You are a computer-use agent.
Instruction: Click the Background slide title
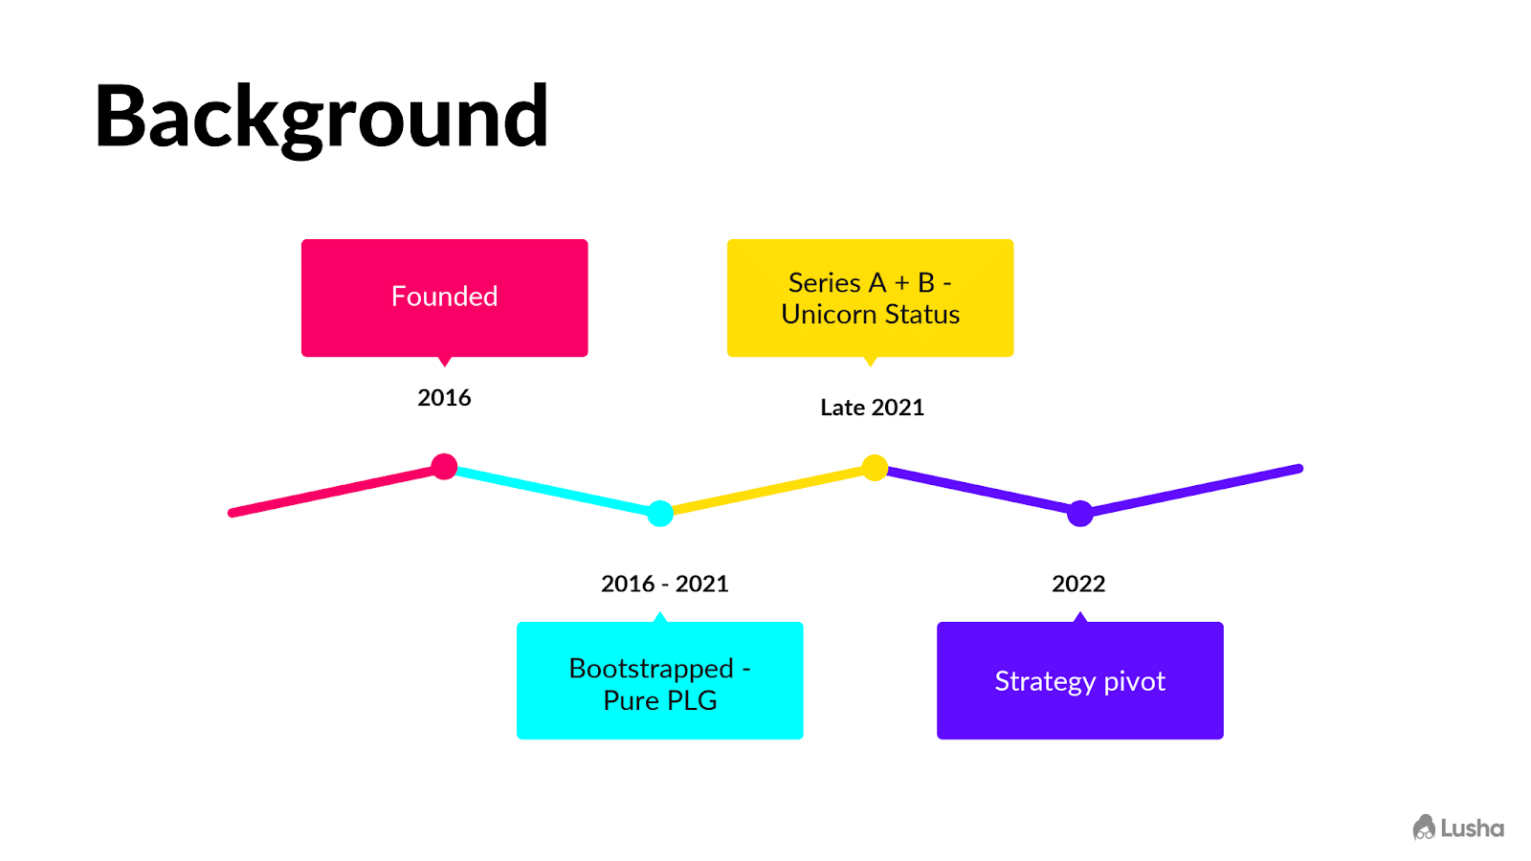coord(322,118)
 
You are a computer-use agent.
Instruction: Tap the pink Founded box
coord(444,298)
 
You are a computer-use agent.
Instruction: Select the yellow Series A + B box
coord(870,298)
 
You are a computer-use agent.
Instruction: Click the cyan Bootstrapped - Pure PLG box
coord(659,680)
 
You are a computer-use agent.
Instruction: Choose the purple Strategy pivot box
coord(1080,680)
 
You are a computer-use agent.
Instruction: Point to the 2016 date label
coord(444,398)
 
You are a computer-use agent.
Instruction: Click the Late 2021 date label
coord(872,408)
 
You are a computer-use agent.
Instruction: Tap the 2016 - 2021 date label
coord(664,584)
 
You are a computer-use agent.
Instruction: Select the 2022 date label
coord(1078,584)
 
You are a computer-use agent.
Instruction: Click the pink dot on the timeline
coord(444,467)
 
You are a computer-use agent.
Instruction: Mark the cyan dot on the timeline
coord(660,513)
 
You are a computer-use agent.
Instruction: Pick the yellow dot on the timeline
coord(875,468)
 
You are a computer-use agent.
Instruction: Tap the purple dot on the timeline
coord(1080,513)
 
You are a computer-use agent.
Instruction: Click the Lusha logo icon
coord(1424,828)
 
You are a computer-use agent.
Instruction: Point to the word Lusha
coord(1473,828)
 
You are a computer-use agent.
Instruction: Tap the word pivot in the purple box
coord(1135,682)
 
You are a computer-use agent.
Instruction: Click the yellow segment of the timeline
coord(767,491)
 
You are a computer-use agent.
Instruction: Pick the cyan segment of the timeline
coord(552,490)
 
